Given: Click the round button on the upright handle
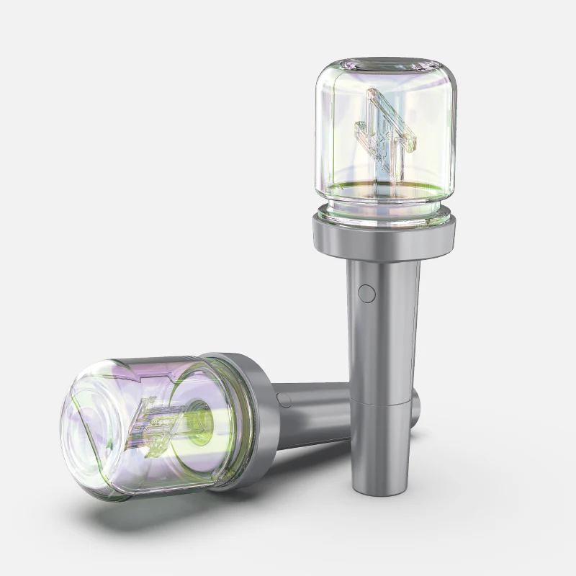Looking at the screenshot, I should (366, 293).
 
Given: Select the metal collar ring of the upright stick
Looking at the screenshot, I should (384, 238).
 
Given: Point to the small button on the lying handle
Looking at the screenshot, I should (284, 400).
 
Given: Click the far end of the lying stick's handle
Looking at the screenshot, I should (416, 407).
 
